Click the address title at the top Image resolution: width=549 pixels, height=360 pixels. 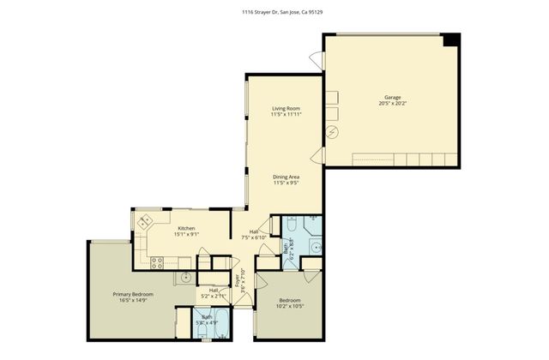pos(274,12)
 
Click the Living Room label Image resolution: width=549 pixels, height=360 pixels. pos(286,108)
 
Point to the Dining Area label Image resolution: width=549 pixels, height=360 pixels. pos(286,177)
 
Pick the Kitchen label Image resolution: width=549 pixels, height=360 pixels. pos(186,228)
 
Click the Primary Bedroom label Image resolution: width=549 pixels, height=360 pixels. pos(132,294)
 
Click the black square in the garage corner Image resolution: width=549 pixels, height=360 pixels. pos(451,40)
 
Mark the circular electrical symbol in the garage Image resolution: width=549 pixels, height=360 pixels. pos(333,131)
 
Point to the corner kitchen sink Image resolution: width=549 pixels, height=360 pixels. pos(144,220)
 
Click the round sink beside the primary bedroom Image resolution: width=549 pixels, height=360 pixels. pos(185,278)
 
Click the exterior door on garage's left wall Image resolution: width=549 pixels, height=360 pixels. pos(316,61)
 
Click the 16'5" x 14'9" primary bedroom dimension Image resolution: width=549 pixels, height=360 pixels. pos(132,301)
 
